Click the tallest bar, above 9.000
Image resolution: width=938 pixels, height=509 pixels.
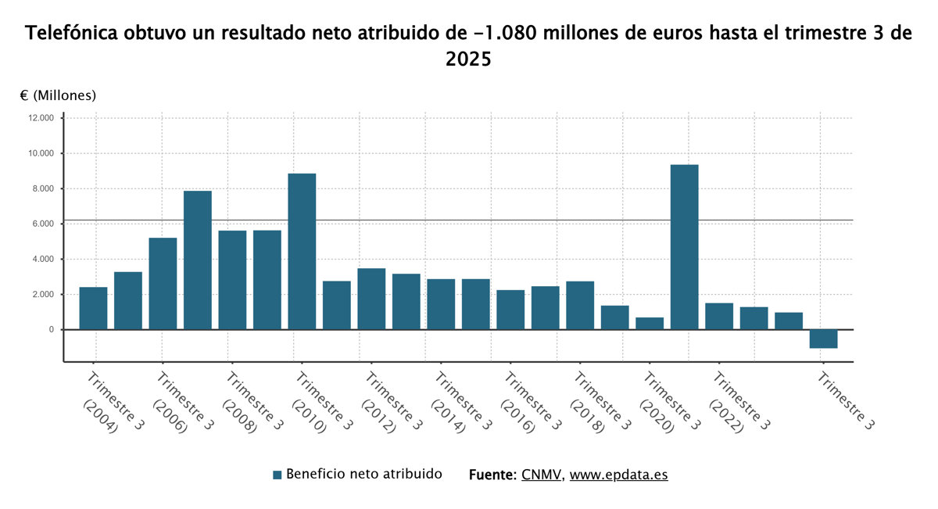coord(684,247)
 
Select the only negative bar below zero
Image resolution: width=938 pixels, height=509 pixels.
coord(823,339)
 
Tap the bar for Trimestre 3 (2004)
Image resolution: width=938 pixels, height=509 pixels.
coord(93,308)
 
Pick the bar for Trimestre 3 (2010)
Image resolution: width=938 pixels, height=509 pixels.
coord(302,251)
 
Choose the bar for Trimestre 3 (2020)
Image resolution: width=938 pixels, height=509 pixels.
coord(650,323)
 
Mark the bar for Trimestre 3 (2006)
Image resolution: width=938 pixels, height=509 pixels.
coord(163,283)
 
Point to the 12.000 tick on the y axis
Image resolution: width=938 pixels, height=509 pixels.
coord(40,118)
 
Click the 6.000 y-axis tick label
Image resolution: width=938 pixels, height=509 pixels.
coord(42,224)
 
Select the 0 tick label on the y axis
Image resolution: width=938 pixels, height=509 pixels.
coord(51,330)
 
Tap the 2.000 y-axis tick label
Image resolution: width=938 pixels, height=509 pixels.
coord(42,295)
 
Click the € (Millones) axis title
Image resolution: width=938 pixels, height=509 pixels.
coord(58,95)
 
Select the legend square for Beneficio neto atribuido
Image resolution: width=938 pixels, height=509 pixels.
coord(277,475)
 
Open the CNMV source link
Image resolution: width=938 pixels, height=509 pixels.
coord(541,475)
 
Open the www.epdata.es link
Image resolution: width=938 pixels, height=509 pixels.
coord(618,475)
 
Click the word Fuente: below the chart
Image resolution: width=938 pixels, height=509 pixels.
coord(492,475)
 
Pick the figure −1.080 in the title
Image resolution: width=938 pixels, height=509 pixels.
coord(505,34)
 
